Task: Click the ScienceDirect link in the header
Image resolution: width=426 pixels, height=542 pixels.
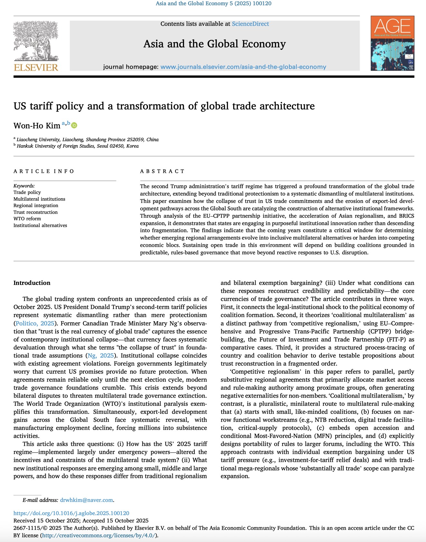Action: click(x=250, y=24)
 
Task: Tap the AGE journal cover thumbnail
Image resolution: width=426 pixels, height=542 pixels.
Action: click(x=392, y=43)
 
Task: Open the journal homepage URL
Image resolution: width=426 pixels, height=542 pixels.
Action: click(x=243, y=67)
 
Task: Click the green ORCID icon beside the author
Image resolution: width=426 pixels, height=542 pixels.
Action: click(x=74, y=125)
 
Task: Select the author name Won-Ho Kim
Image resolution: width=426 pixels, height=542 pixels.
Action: click(x=37, y=126)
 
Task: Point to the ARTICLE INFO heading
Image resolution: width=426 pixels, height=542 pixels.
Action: click(x=44, y=171)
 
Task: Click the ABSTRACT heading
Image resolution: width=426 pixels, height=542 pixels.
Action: click(x=162, y=171)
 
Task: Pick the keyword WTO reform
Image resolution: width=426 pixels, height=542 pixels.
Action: click(x=27, y=219)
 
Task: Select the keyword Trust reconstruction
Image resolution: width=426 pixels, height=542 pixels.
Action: click(x=35, y=212)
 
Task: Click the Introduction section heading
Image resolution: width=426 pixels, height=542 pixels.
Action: click(x=32, y=283)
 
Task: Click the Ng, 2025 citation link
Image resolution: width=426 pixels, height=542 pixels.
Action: click(x=101, y=355)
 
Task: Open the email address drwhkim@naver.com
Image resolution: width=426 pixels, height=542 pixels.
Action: click(x=86, y=500)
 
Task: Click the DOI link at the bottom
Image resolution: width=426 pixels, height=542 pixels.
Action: click(x=71, y=513)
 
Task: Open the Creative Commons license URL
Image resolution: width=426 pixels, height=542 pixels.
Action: click(x=99, y=535)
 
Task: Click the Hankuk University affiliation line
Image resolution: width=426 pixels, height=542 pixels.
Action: click(x=78, y=146)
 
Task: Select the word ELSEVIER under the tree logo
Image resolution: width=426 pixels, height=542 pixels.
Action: click(x=36, y=67)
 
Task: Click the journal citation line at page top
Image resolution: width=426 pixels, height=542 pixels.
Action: click(x=213, y=4)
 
